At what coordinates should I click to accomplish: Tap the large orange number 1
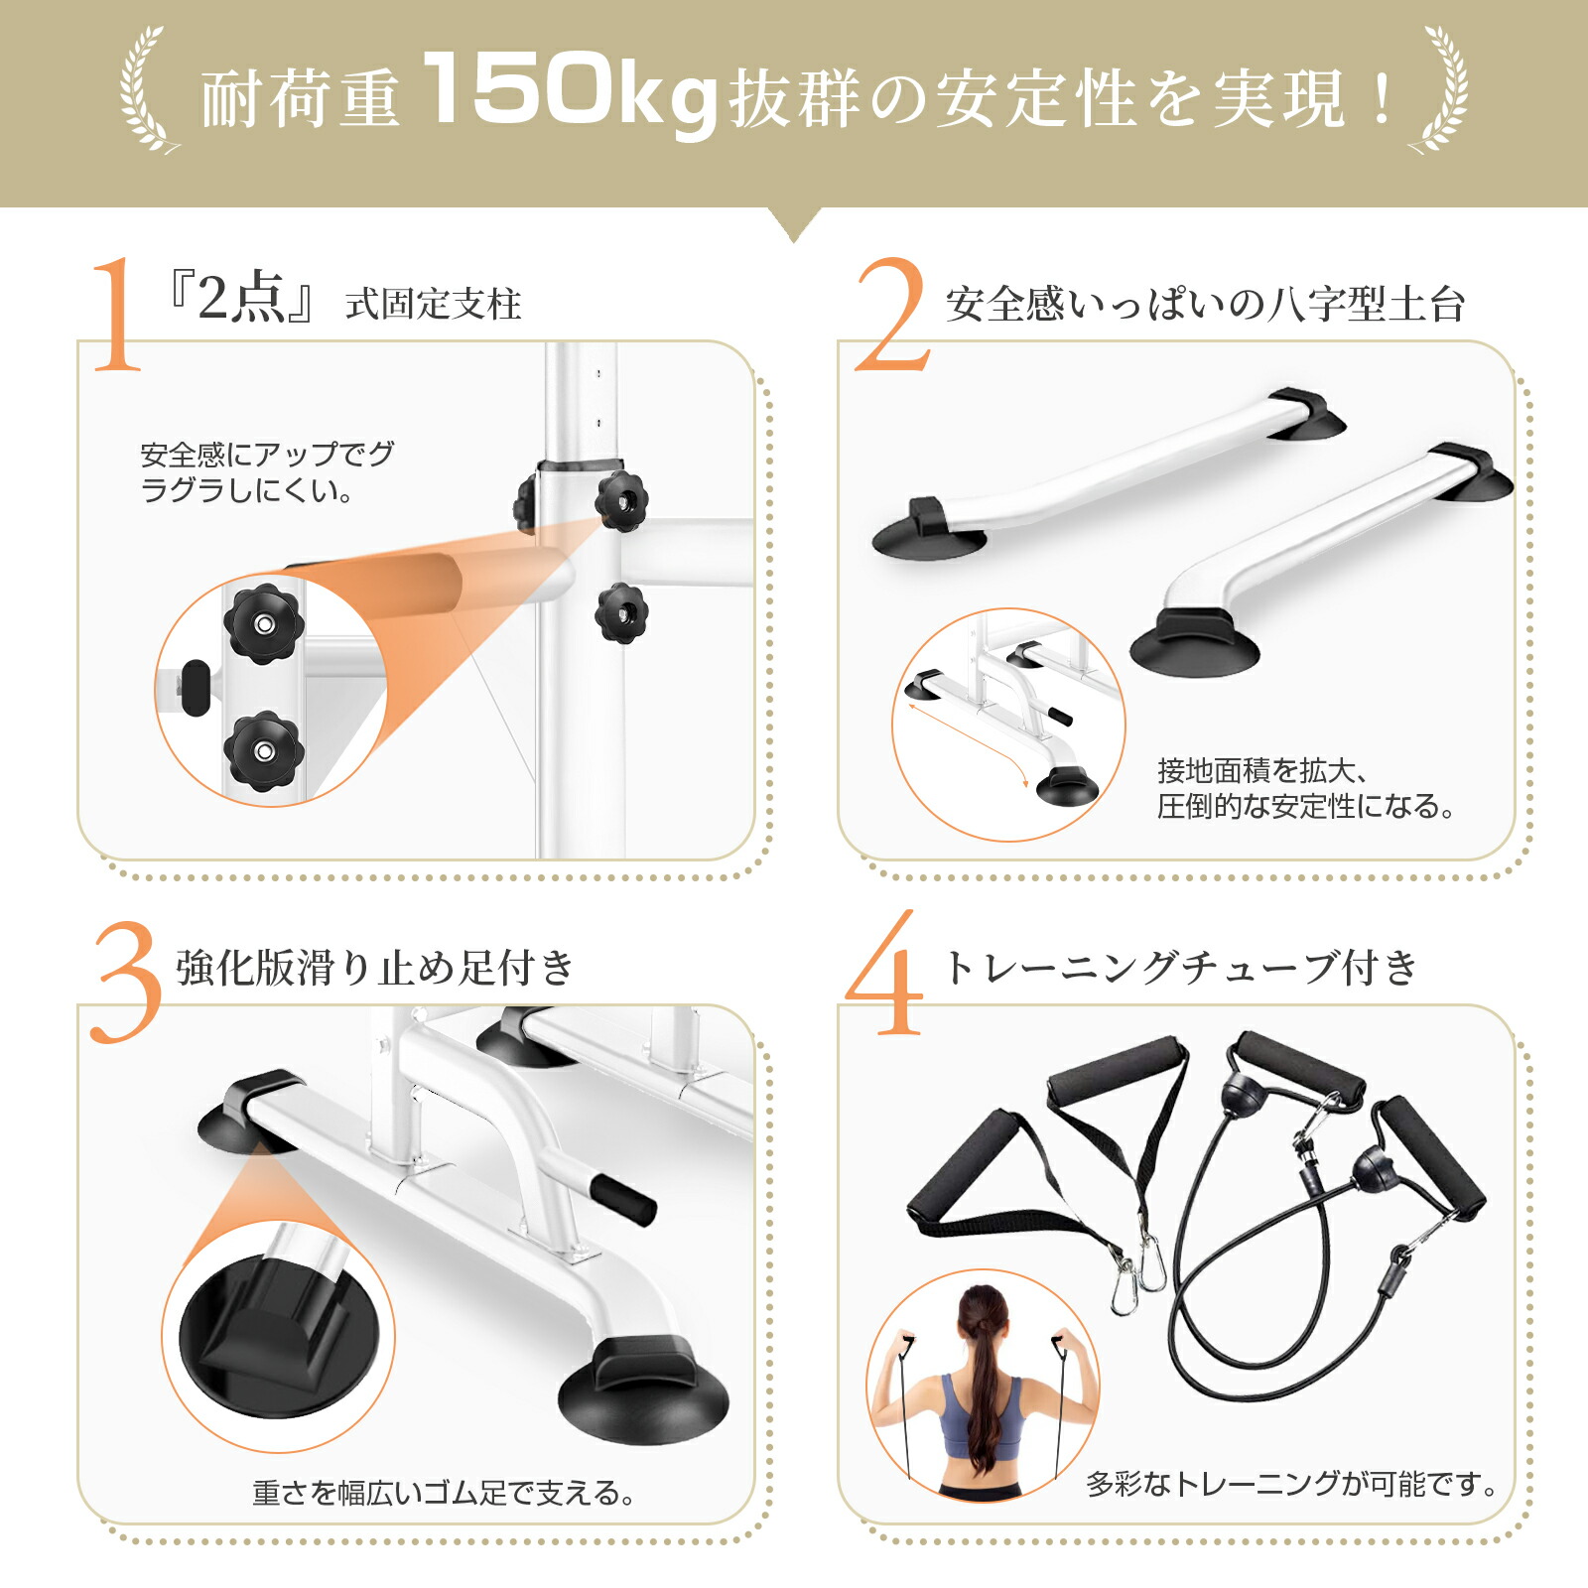(x=117, y=315)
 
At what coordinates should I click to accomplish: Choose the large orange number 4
(x=886, y=978)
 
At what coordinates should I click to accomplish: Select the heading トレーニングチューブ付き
(x=1181, y=967)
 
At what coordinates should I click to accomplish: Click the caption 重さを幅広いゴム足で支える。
(x=443, y=1493)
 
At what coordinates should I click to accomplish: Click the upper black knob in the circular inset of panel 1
(x=264, y=623)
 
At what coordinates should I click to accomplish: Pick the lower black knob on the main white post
(x=622, y=612)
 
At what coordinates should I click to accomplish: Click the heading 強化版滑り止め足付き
(x=375, y=968)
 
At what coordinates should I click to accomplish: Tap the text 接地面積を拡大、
(x=1260, y=771)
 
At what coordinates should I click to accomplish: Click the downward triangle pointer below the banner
(x=794, y=222)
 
